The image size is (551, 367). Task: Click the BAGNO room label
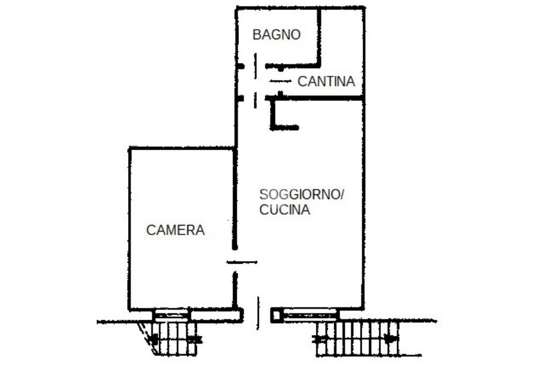(277, 35)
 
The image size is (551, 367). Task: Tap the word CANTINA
(326, 82)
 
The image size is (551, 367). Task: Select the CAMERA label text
(175, 230)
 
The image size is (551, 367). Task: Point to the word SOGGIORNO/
(301, 194)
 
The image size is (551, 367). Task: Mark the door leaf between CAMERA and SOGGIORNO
(242, 262)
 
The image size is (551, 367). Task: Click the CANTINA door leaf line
(280, 81)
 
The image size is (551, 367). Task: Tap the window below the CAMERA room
(172, 314)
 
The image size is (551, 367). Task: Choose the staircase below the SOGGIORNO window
(357, 339)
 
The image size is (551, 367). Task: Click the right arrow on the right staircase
(391, 339)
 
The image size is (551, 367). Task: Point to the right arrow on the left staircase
(196, 340)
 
